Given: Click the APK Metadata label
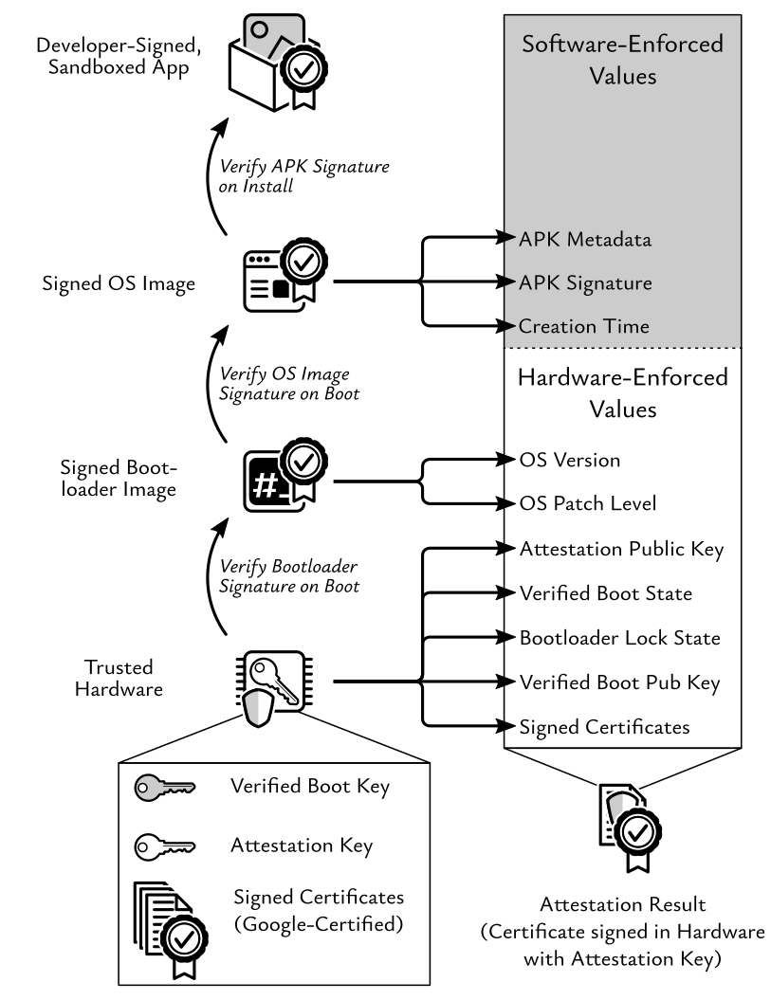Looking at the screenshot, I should pyautogui.click(x=584, y=240).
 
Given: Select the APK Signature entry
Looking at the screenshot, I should pyautogui.click(x=584, y=283).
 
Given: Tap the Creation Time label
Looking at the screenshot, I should pyautogui.click(x=583, y=326).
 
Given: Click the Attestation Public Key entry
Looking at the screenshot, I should pyautogui.click(x=621, y=549).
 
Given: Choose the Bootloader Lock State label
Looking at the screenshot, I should pyautogui.click(x=619, y=637).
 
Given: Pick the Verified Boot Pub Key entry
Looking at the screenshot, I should pyautogui.click(x=619, y=682).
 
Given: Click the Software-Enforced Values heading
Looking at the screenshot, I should pyautogui.click(x=622, y=59).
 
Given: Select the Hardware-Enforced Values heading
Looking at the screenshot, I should pyautogui.click(x=622, y=394).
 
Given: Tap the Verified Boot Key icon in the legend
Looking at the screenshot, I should pyautogui.click(x=164, y=787).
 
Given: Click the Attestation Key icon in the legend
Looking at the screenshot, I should pyautogui.click(x=164, y=846).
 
